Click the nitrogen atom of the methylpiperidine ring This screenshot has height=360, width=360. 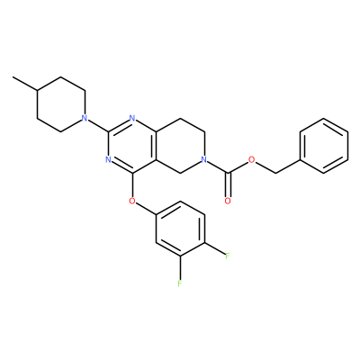(85, 118)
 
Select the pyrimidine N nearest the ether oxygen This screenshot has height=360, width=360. (109, 159)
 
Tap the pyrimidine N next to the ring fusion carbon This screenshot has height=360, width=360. (132, 118)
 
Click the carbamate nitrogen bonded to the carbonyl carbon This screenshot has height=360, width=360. (204, 159)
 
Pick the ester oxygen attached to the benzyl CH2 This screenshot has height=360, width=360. (252, 159)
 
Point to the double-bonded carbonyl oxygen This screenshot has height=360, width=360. (228, 201)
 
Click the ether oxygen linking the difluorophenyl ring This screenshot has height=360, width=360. (132, 201)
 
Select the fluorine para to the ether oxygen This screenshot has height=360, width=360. (228, 256)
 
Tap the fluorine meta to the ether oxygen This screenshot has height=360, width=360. (180, 283)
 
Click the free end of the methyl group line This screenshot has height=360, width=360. (13, 77)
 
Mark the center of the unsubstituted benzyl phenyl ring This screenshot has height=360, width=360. (324, 146)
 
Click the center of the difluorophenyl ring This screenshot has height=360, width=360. (180, 229)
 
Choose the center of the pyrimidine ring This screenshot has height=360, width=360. (132, 146)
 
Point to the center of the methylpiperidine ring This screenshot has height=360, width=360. (60, 104)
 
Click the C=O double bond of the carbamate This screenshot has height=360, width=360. (228, 185)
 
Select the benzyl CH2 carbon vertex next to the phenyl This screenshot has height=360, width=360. (276, 173)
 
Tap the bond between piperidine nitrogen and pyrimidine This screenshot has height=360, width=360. (98, 125)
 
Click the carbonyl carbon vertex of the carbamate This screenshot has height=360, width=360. (228, 173)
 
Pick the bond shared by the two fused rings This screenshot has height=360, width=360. (157, 146)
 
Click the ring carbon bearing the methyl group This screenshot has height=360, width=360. (37, 90)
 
